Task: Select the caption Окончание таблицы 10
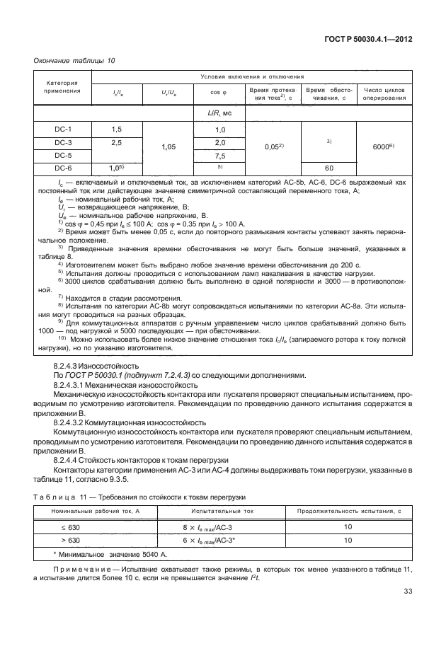[75, 60]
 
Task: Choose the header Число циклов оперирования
[383, 94]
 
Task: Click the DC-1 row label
[64, 129]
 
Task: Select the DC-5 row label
[64, 155]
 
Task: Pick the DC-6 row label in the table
[64, 168]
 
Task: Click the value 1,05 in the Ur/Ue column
[168, 147]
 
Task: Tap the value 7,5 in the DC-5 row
[219, 156]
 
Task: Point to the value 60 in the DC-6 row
[329, 168]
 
